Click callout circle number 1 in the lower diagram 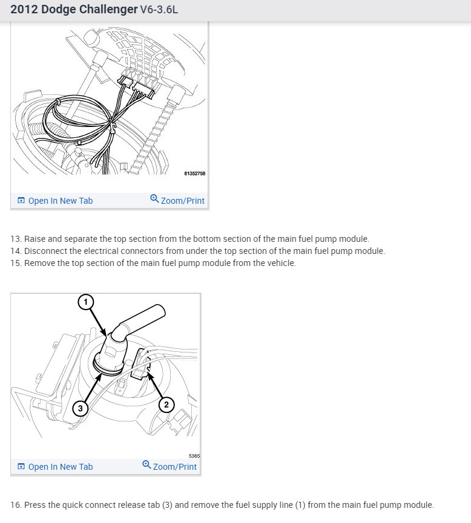pos(86,302)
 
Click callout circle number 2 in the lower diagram pos(166,405)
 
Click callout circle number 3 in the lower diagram pos(80,408)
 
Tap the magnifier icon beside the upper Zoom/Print pos(154,199)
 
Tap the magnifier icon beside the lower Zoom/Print pos(147,464)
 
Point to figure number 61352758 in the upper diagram pos(195,174)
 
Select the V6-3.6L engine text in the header pos(159,9)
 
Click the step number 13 pos(16,239)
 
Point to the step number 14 pos(16,251)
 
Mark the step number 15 pos(16,263)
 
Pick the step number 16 pos(16,505)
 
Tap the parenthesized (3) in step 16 pos(167,505)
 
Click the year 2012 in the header pos(24,9)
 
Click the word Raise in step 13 pos(35,239)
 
